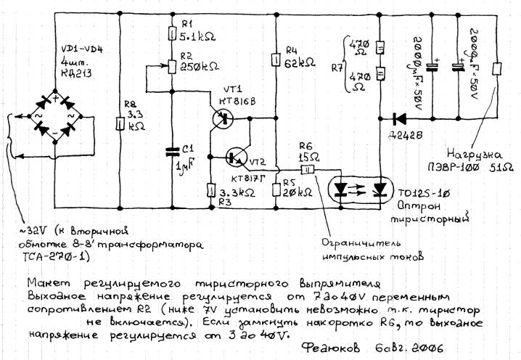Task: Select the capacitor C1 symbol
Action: click(x=171, y=150)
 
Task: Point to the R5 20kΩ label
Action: click(x=298, y=190)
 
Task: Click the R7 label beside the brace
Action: click(x=335, y=69)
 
